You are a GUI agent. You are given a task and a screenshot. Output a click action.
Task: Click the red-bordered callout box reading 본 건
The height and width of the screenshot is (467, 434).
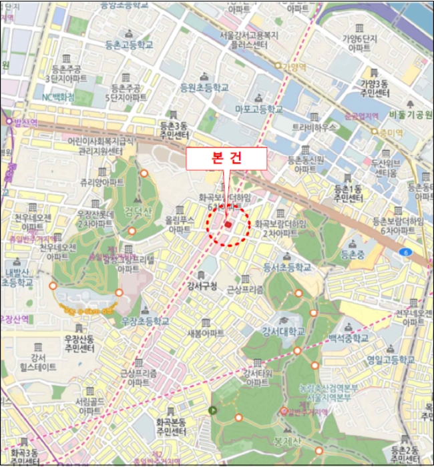226,159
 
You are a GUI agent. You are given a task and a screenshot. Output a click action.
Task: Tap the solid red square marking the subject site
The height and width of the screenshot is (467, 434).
228,225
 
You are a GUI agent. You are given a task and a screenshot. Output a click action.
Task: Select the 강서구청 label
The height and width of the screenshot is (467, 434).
203,286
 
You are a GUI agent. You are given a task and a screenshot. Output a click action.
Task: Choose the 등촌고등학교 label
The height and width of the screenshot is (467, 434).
130,45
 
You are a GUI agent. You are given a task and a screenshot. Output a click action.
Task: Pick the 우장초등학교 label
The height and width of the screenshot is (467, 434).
146,321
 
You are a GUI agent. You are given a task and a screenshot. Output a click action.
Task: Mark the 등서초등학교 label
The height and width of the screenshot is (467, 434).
288,267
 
